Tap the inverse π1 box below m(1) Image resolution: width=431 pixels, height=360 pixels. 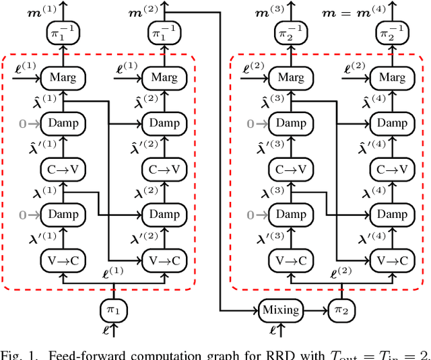click(x=62, y=32)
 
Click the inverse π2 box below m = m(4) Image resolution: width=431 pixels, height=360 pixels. click(x=392, y=32)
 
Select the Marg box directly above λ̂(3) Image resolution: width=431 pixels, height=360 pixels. click(x=291, y=78)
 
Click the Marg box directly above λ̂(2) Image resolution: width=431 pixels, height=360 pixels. click(x=164, y=78)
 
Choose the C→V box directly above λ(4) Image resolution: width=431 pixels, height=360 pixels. click(x=392, y=169)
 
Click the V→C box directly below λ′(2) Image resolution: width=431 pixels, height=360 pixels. click(x=164, y=260)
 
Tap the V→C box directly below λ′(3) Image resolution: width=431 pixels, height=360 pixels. click(x=291, y=260)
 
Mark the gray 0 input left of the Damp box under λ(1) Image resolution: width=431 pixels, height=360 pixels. click(x=23, y=215)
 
